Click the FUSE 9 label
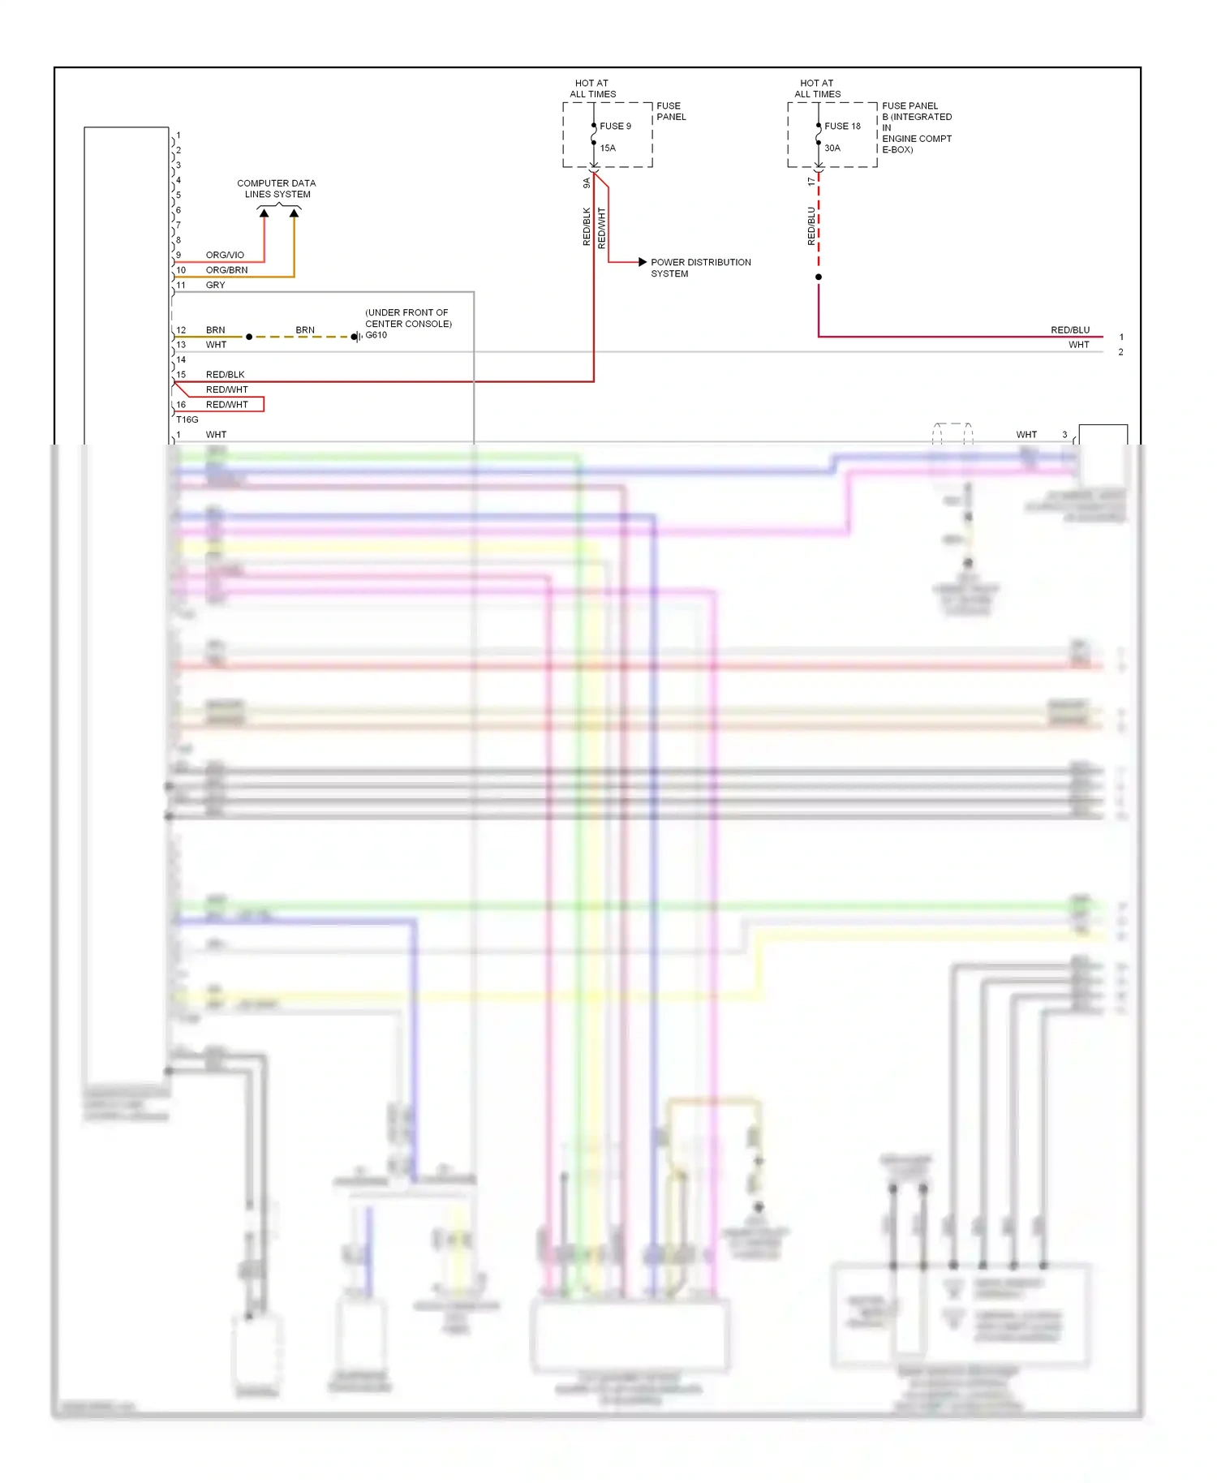pos(615,126)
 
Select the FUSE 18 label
pos(842,126)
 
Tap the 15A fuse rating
pos(608,148)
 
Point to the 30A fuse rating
pos(832,148)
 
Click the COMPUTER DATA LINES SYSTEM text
pos(277,188)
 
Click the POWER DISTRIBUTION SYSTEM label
pos(700,268)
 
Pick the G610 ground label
pos(376,335)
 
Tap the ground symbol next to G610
pos(355,337)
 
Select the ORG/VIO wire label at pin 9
pos(225,255)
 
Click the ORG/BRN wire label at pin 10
pos(226,269)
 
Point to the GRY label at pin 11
pos(215,285)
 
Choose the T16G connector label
pos(187,419)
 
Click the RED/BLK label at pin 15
pos(225,374)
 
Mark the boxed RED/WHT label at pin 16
pos(227,404)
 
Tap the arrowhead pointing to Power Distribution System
pos(643,262)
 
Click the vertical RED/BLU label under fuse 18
pos(811,226)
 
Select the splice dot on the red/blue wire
pos(819,277)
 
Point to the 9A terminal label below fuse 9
pos(587,183)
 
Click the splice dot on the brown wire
pos(249,337)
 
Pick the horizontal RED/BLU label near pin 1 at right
pos(1070,329)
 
